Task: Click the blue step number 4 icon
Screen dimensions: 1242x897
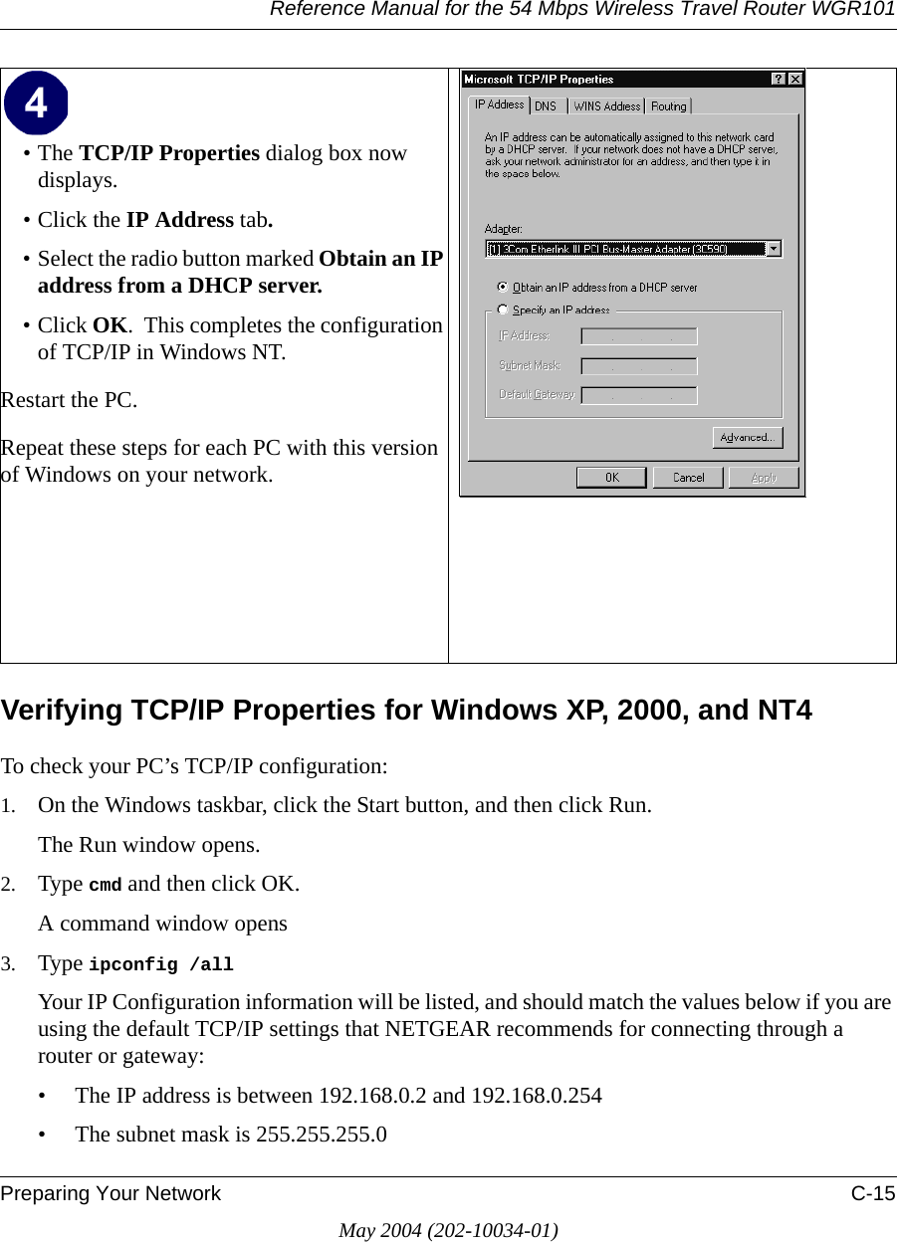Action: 36,103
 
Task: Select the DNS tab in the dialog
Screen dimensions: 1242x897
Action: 546,105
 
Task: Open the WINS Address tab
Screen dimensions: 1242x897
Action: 606,105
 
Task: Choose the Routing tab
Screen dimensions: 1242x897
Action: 669,105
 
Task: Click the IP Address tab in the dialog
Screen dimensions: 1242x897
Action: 499,104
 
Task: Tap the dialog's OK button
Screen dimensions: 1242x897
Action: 611,478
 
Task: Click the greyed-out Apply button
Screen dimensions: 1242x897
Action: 764,478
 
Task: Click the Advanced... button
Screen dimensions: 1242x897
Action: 747,438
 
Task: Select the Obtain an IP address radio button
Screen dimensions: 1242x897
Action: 503,288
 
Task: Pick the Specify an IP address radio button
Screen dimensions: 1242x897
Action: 503,310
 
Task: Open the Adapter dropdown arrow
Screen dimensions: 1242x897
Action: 774,249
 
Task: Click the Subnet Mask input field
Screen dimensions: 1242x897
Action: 639,366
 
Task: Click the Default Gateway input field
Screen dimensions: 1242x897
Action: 639,395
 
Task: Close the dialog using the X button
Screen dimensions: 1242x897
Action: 795,80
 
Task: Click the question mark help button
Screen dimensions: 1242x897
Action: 779,80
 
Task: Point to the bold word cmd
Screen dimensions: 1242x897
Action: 106,885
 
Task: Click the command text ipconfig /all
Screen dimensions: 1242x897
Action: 161,964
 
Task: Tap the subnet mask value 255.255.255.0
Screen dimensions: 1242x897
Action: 322,1135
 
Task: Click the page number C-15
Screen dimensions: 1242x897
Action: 872,1193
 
